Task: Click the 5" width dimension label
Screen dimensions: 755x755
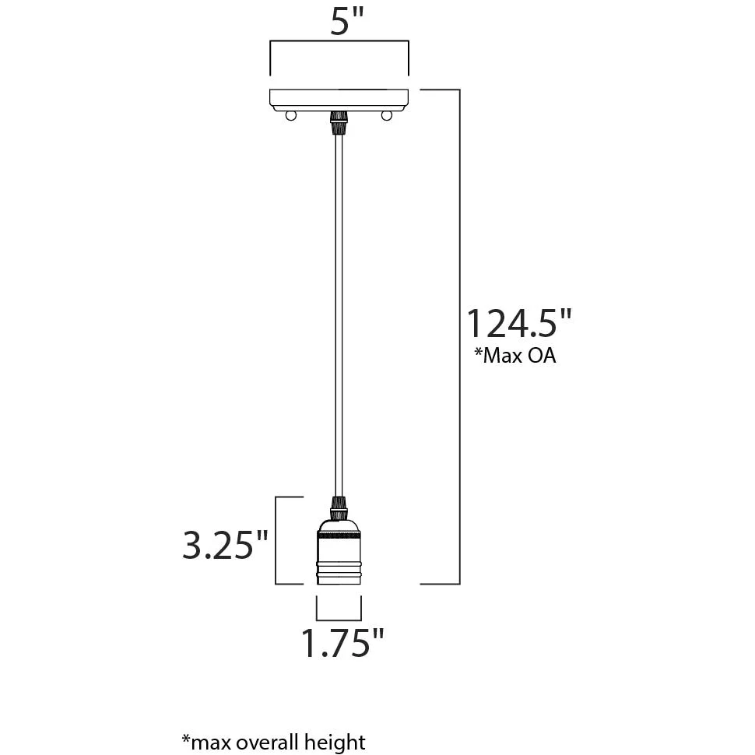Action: (346, 21)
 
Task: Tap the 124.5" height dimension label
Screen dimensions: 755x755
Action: (519, 324)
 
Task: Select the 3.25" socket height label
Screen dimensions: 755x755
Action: (224, 545)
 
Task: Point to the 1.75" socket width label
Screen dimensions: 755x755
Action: (342, 642)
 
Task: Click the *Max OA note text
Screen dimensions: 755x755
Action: (515, 356)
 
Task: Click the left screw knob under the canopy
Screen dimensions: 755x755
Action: (291, 115)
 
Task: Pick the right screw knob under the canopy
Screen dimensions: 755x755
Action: (386, 115)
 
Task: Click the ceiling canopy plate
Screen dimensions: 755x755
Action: (339, 100)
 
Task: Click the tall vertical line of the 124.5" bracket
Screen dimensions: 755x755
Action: (459, 336)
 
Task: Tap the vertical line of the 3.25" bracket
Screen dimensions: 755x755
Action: (276, 541)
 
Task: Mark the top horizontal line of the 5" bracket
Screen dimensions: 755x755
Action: (339, 41)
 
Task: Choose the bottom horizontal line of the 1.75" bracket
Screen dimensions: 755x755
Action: (339, 620)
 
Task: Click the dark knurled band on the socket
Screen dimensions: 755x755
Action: (339, 536)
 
